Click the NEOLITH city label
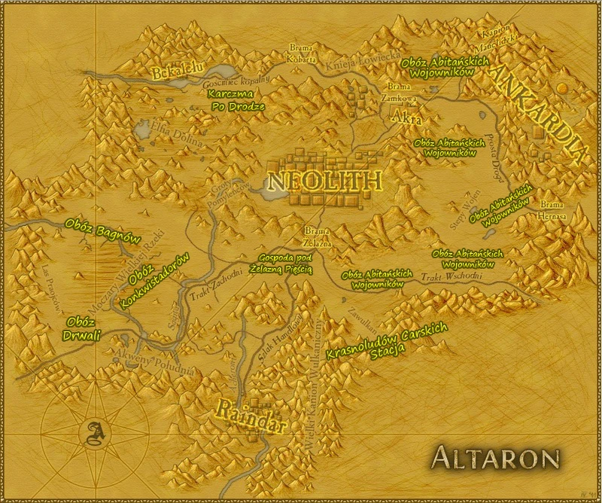324,181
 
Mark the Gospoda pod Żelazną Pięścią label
284,264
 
